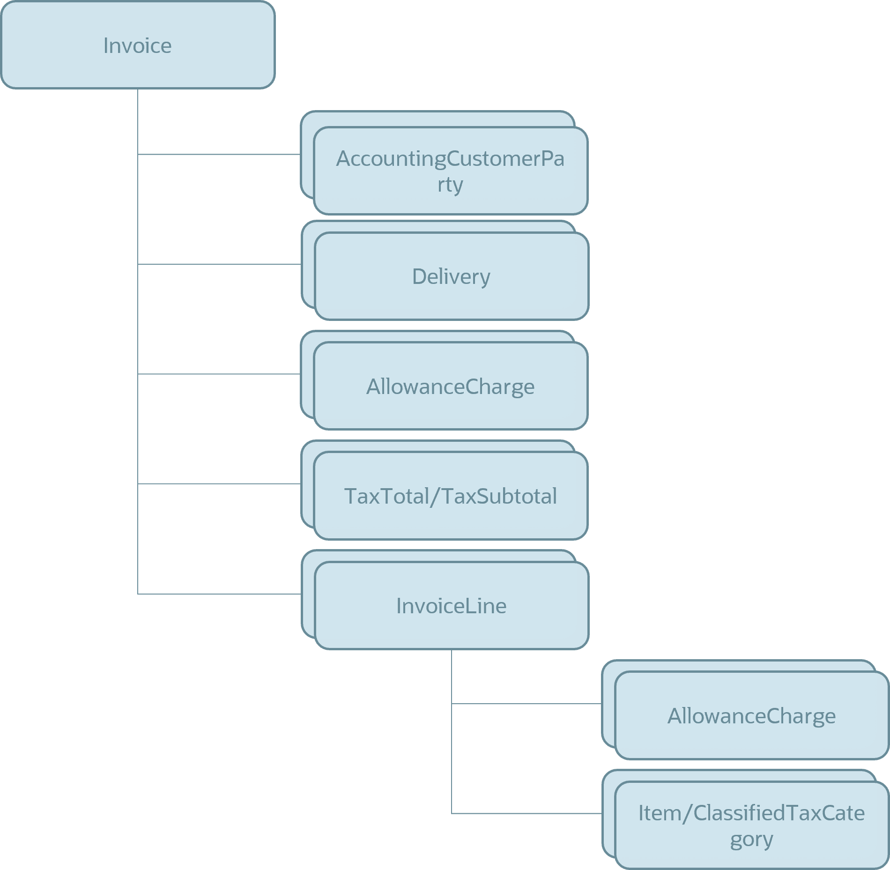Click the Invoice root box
tap(138, 45)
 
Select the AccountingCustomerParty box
tap(450, 171)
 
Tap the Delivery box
tap(451, 276)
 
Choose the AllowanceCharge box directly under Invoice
tap(450, 386)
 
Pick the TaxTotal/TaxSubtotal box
tap(450, 496)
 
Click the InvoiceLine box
tap(451, 605)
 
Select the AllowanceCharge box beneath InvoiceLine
tap(751, 715)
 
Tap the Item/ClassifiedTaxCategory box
tap(751, 825)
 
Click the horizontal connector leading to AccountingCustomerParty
tap(219, 154)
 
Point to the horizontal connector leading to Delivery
tap(219, 264)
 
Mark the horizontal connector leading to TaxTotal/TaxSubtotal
tap(219, 483)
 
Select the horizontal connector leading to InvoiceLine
tap(219, 594)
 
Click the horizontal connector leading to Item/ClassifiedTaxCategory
tap(527, 814)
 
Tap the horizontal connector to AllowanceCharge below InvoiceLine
tap(527, 704)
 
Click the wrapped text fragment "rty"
tap(450, 184)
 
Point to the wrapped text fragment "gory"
tap(751, 839)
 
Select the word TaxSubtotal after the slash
tap(499, 496)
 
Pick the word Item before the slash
tap(660, 813)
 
